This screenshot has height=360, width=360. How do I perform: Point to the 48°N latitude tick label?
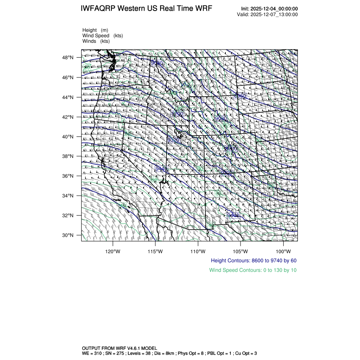[x=69, y=58]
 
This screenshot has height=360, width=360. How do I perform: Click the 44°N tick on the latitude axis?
[x=69, y=97]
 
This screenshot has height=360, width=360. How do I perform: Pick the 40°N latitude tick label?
[x=69, y=136]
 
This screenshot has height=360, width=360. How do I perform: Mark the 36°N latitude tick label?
[x=69, y=176]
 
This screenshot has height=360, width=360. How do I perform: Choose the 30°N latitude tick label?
[x=69, y=235]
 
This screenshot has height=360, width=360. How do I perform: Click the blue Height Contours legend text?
[x=253, y=260]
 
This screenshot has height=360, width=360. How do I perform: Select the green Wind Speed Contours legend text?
[x=253, y=270]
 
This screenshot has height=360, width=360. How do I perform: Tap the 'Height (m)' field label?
[x=95, y=30]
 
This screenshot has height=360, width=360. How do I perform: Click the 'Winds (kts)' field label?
[x=96, y=41]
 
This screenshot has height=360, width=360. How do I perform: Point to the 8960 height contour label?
[x=240, y=96]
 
